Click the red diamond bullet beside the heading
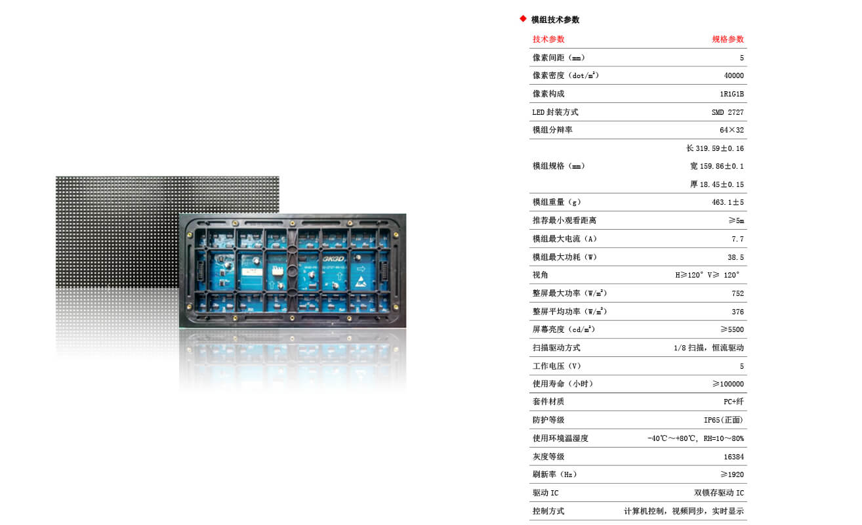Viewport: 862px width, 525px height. click(x=523, y=18)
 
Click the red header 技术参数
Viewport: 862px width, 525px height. click(x=548, y=39)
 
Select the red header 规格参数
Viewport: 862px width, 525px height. click(x=728, y=39)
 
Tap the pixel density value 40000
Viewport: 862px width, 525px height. click(x=733, y=75)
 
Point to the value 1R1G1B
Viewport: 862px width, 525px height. click(x=731, y=94)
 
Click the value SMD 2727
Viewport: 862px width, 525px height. click(x=728, y=112)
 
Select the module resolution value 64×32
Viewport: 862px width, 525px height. click(x=731, y=130)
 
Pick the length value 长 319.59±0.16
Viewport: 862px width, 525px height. click(x=715, y=148)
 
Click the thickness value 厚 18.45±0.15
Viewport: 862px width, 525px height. click(x=717, y=184)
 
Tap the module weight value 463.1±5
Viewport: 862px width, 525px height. click(x=728, y=202)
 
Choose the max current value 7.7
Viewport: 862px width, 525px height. click(x=738, y=239)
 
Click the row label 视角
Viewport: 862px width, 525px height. click(x=541, y=275)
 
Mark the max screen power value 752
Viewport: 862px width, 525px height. click(x=738, y=293)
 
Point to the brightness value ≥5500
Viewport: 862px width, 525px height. click(x=732, y=329)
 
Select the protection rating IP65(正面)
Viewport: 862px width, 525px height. click(x=724, y=420)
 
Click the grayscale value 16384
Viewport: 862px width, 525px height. click(x=733, y=457)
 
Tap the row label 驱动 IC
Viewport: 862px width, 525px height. click(x=545, y=493)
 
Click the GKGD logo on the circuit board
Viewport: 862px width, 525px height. click(x=334, y=259)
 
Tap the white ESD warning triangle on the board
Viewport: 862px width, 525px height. click(x=361, y=282)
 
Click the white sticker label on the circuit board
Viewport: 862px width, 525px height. click(x=252, y=272)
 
